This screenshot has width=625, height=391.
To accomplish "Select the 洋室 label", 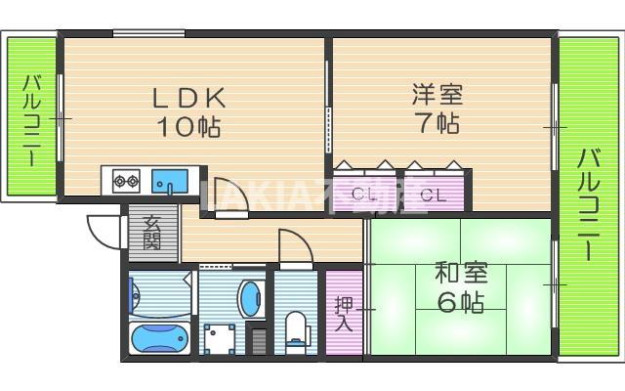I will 437,96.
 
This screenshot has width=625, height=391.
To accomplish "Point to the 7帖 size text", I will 437,123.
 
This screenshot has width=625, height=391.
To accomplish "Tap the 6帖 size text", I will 460,303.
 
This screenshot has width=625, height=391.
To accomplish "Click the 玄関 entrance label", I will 152,232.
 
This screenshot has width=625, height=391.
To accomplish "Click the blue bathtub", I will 159,338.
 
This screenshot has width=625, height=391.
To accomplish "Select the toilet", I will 295,327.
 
